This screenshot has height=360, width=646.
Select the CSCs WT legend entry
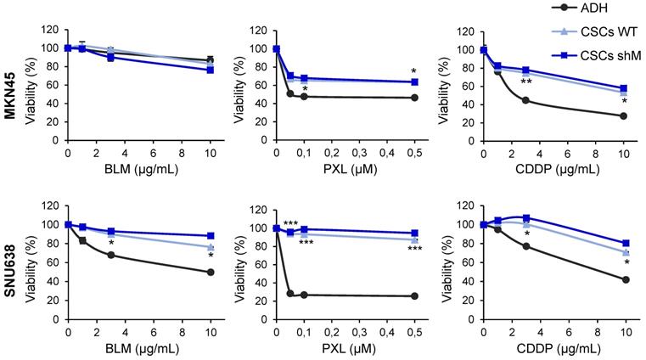tap(599, 28)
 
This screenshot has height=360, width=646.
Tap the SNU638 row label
tap(10, 267)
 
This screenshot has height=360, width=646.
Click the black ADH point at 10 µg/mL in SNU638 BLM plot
tap(210, 272)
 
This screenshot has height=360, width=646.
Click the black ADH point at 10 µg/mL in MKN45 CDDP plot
tap(624, 115)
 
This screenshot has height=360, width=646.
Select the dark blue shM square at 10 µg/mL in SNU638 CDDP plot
tap(626, 243)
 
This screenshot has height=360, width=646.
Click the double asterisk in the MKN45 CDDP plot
tap(526, 82)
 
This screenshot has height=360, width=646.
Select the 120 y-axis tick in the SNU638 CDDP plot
tap(466, 205)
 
